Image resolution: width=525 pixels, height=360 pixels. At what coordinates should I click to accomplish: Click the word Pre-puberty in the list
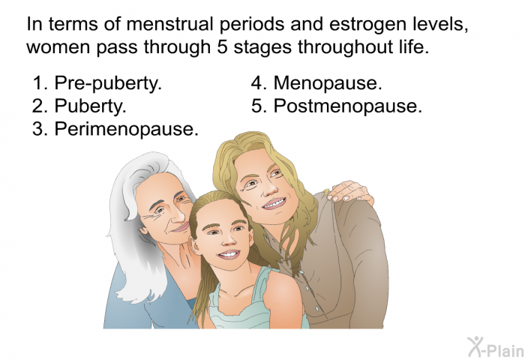click(x=108, y=82)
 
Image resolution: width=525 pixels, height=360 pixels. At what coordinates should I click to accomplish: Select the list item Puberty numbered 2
click(x=79, y=106)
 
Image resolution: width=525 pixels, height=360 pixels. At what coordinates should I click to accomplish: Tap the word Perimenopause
click(x=126, y=128)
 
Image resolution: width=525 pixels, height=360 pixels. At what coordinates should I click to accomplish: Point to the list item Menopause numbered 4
click(x=316, y=82)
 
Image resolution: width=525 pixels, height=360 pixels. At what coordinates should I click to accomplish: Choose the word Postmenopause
click(x=347, y=106)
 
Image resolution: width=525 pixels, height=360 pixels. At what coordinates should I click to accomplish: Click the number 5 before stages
click(x=223, y=47)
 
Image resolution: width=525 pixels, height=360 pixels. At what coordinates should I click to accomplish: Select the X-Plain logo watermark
click(x=496, y=346)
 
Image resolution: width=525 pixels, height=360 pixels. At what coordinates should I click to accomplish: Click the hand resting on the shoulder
click(x=350, y=192)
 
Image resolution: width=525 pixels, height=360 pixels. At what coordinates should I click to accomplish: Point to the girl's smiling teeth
click(x=229, y=255)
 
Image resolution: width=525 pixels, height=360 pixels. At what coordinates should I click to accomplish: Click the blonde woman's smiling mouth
click(x=274, y=203)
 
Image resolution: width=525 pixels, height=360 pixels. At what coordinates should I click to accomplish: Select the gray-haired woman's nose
click(x=178, y=213)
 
